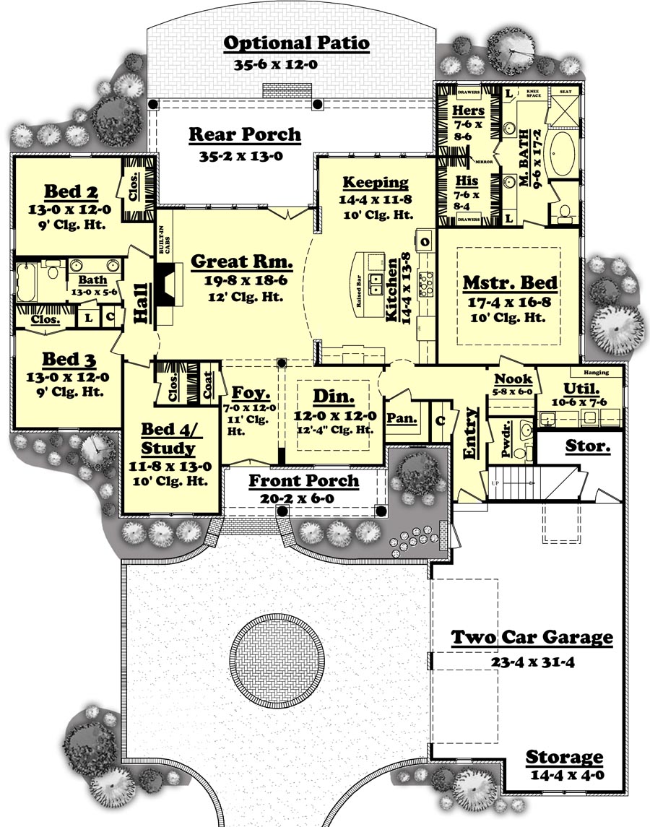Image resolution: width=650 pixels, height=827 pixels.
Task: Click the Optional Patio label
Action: point(296,43)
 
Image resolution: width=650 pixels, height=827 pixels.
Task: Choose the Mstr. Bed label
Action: point(508,283)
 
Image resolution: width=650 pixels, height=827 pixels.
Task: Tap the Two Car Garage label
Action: point(532,638)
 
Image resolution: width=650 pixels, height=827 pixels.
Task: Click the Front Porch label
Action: point(303,481)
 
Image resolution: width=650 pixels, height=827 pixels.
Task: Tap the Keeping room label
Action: point(376,183)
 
